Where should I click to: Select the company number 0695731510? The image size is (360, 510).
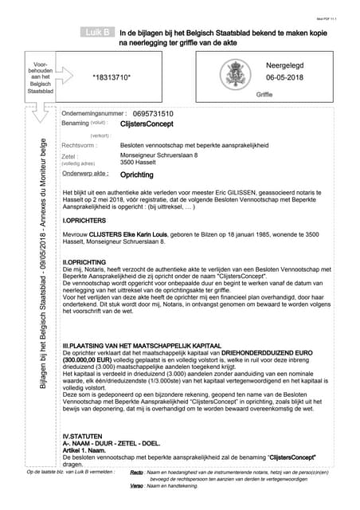pos(154,114)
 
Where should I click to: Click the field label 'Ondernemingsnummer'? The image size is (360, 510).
pos(94,114)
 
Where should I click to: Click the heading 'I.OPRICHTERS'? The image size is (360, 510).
pos(85,218)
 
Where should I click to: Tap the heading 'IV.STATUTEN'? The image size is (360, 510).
pos(83,437)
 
